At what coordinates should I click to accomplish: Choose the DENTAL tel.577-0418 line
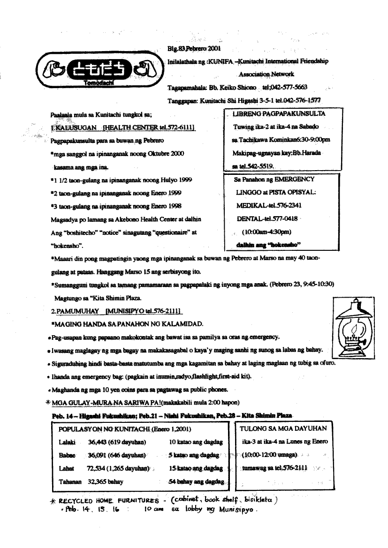pos(264,218)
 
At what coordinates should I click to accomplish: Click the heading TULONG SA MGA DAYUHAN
pos(283,428)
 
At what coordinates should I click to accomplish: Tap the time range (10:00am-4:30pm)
pos(266,232)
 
